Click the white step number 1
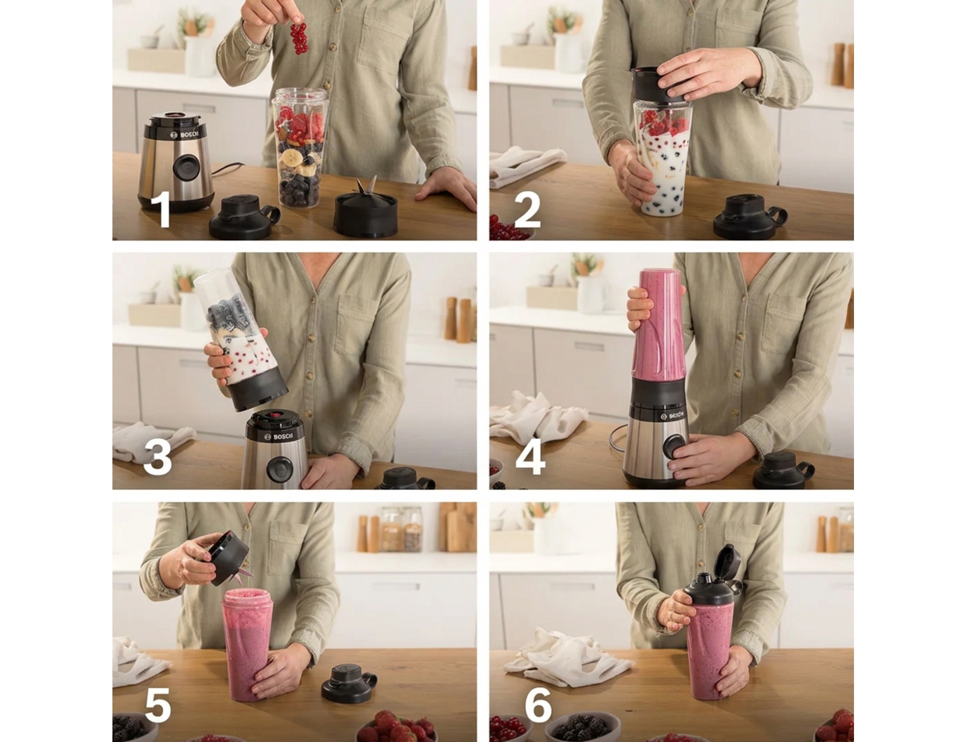(x=161, y=209)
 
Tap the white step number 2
(x=527, y=209)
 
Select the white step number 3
(x=157, y=457)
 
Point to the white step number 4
(x=531, y=457)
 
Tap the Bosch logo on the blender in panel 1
(x=188, y=134)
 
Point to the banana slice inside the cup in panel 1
(x=291, y=158)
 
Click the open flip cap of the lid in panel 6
(x=724, y=562)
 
